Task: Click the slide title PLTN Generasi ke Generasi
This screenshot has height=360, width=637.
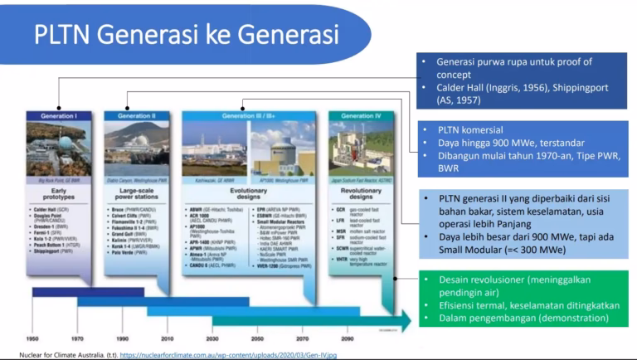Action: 186,35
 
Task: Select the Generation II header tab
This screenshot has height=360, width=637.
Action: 134,116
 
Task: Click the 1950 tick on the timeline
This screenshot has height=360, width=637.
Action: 32,339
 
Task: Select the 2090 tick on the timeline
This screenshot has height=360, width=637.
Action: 348,339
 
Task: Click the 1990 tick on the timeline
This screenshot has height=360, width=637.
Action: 123,339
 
